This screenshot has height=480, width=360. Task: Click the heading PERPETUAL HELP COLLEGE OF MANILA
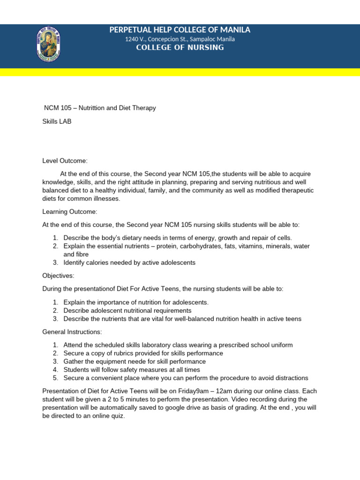(180, 30)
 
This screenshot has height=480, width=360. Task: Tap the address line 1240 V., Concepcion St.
(180, 39)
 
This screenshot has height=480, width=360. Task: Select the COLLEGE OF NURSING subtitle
(180, 48)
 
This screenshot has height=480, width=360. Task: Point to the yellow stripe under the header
(180, 72)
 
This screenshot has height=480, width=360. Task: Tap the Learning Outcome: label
(70, 212)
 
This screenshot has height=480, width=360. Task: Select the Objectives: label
(59, 276)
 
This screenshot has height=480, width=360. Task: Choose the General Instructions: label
(72, 332)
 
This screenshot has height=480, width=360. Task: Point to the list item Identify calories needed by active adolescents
(129, 262)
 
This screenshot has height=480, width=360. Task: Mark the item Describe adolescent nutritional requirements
(127, 310)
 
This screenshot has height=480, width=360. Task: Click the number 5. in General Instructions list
(55, 378)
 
